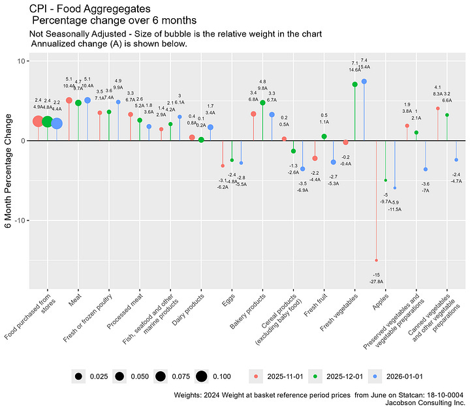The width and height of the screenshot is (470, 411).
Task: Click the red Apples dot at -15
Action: pyautogui.click(x=377, y=260)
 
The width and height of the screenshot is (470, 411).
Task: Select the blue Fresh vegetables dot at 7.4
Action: pyautogui.click(x=364, y=82)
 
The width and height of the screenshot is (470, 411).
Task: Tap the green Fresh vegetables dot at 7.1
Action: pyautogui.click(x=354, y=84)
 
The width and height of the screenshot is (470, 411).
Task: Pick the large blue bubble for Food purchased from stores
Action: pyautogui.click(x=57, y=123)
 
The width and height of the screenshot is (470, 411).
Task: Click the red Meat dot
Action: pyautogui.click(x=69, y=100)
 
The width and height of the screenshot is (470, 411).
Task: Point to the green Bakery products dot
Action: pyautogui.click(x=262, y=102)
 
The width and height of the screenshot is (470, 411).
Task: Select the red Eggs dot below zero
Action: pyautogui.click(x=223, y=166)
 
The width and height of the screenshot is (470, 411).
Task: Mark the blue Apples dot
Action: pyautogui.click(x=395, y=188)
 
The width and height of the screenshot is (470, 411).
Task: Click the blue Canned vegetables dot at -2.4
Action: pyautogui.click(x=456, y=160)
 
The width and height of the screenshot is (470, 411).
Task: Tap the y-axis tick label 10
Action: pyautogui.click(x=21, y=61)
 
